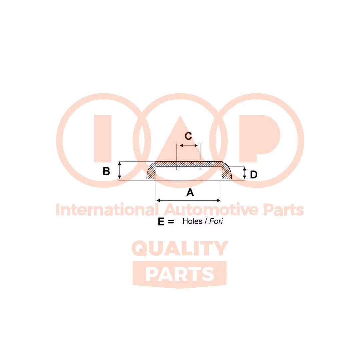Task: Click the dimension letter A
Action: tap(190, 192)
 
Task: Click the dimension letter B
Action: tap(106, 171)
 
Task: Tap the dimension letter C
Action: tap(188, 136)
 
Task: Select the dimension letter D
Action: tap(253, 175)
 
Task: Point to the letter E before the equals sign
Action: tap(161, 222)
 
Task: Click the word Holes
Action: tap(192, 221)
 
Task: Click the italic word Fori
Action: tap(216, 221)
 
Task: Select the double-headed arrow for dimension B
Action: tap(119, 171)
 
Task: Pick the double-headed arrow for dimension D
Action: tap(244, 173)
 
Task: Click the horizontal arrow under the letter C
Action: tap(188, 146)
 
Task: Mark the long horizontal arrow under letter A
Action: tap(188, 200)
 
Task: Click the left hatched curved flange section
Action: tap(152, 173)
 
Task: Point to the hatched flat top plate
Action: tap(189, 164)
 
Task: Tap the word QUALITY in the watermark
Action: tap(180, 249)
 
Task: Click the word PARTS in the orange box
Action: tap(180, 274)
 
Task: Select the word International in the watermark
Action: tap(106, 210)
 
